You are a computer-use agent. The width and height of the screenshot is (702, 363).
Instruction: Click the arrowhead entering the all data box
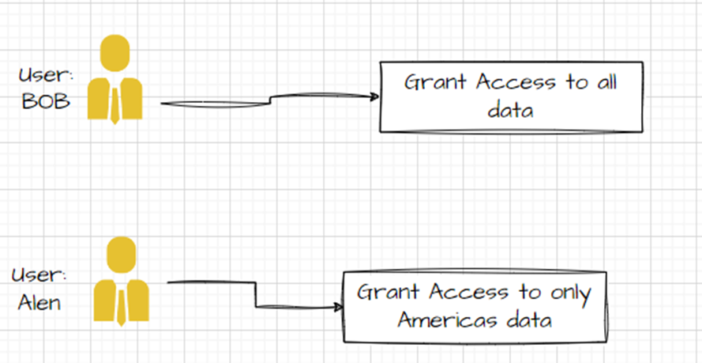(374, 97)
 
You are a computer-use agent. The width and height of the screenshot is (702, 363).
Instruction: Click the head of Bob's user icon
(115, 53)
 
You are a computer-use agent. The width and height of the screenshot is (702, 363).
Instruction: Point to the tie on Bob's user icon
(115, 105)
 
